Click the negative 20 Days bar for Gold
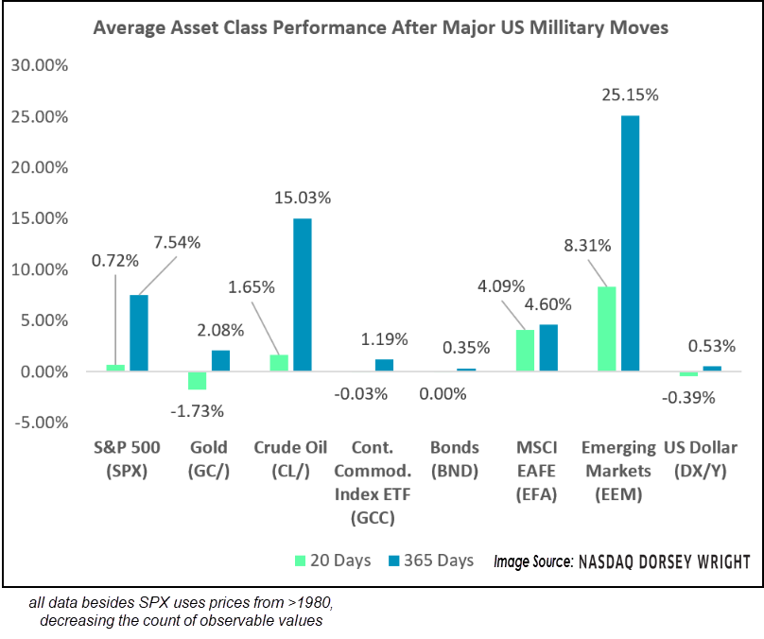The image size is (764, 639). coord(197,380)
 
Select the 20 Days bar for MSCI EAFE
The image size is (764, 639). coord(525,351)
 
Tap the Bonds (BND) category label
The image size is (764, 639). coord(454,458)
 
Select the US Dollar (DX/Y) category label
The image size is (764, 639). coord(701,458)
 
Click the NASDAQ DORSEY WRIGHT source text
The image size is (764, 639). coord(663,561)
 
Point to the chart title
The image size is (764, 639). coord(380,27)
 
